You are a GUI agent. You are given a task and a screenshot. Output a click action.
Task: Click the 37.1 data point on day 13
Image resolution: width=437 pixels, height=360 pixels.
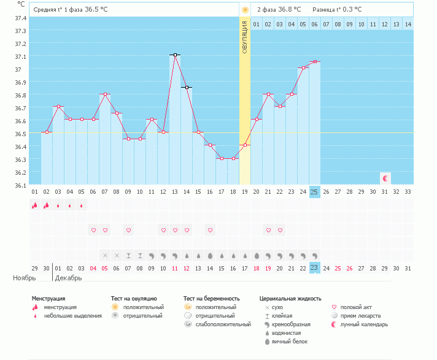(x=175, y=55)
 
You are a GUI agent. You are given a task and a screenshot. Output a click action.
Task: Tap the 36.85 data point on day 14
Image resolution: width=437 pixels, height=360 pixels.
(x=187, y=88)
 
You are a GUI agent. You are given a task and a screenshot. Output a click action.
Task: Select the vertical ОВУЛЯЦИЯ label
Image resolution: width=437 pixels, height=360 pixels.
(x=244, y=37)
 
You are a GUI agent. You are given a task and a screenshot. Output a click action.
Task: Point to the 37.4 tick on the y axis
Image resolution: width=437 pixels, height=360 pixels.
(x=20, y=18)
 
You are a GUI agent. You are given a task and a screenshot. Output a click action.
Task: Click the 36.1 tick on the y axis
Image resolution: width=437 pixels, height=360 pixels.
(x=20, y=185)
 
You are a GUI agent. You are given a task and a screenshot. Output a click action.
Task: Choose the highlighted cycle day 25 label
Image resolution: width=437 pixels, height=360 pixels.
(x=314, y=192)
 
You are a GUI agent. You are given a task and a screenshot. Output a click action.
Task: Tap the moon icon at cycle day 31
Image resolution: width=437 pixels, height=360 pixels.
(x=385, y=178)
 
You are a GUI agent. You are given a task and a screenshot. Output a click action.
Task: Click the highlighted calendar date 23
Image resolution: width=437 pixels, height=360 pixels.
(x=314, y=267)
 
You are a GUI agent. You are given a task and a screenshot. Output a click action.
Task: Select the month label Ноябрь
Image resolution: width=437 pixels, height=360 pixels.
(x=25, y=278)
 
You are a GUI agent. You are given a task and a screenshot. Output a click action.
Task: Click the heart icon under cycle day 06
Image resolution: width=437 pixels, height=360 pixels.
(x=93, y=230)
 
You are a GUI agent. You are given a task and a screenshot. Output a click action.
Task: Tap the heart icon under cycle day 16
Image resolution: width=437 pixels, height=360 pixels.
(x=210, y=230)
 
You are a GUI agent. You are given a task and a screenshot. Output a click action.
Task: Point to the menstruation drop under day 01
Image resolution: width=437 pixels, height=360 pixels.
(x=35, y=205)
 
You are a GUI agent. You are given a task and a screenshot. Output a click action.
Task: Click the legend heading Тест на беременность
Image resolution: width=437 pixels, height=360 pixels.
(x=210, y=299)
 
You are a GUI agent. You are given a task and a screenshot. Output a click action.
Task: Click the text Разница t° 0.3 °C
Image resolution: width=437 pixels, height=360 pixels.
(x=337, y=9)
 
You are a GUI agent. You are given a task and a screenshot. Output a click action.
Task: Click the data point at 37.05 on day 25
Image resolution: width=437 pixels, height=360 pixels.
(x=314, y=61)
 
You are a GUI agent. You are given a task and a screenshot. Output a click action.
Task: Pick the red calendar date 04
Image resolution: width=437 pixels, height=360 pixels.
(x=93, y=268)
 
